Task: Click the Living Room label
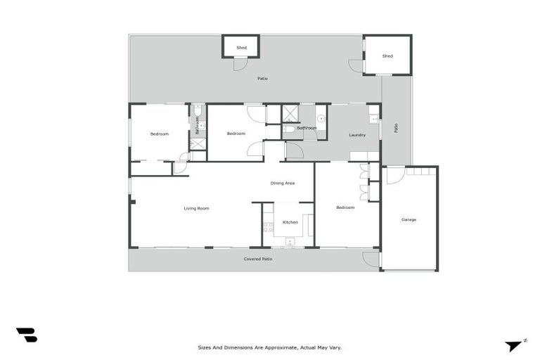click(x=196, y=208)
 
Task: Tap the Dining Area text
click(x=282, y=183)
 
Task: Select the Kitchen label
click(x=290, y=222)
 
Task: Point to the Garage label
click(x=409, y=219)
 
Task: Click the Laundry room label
click(x=357, y=135)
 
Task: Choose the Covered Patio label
click(x=258, y=259)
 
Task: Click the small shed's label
click(x=241, y=48)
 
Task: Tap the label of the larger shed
click(x=387, y=56)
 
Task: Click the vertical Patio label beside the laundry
click(x=396, y=128)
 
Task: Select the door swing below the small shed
click(x=240, y=64)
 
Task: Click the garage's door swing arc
click(x=394, y=174)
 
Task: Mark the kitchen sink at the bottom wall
click(x=290, y=243)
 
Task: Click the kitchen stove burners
click(x=267, y=227)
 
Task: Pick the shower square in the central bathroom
click(x=290, y=113)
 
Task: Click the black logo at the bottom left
click(x=27, y=335)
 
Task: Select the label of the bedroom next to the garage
click(x=345, y=207)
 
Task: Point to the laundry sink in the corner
click(x=373, y=117)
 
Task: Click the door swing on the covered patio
click(x=371, y=259)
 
